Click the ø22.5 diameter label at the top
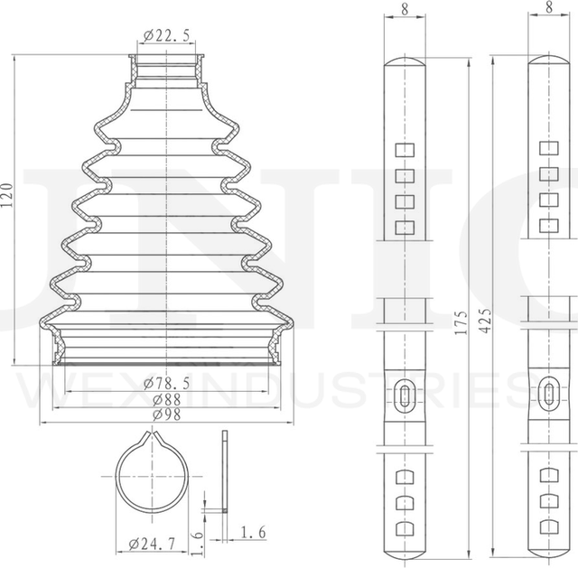tap(164, 36)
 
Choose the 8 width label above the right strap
tap(548, 6)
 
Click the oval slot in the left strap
tap(404, 393)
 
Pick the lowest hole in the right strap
tap(549, 526)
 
